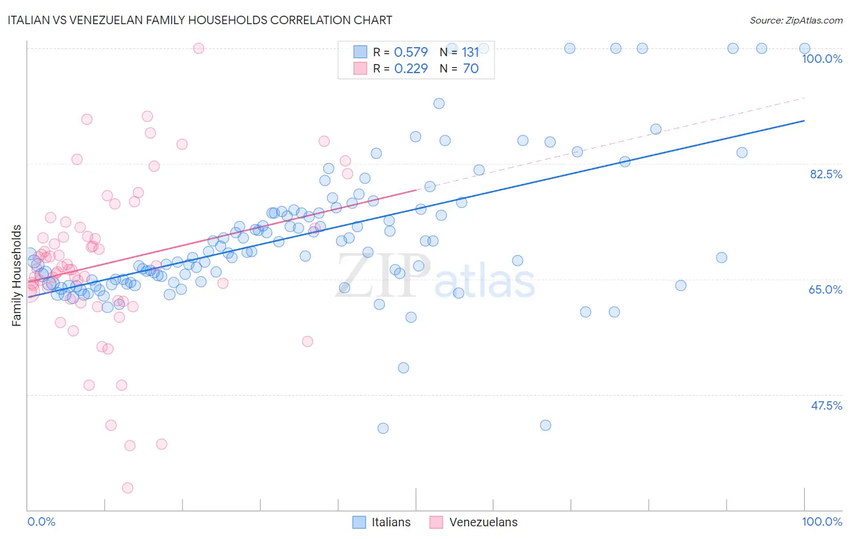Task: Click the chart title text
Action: (200, 20)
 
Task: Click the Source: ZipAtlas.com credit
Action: (796, 20)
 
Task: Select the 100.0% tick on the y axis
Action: (822, 59)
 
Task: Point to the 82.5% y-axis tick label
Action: (826, 174)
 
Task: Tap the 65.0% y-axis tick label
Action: (825, 289)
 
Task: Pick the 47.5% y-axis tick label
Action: (826, 405)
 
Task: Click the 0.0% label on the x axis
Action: (41, 521)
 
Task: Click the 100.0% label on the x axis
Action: (822, 521)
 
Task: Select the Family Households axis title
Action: (17, 276)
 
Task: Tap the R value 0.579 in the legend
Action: (410, 53)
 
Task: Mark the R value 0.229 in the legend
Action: (410, 69)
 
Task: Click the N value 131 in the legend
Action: (470, 53)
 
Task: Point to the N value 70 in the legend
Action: (470, 69)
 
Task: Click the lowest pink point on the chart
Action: (128, 488)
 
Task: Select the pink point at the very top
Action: (198, 48)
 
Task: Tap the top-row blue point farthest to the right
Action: (805, 48)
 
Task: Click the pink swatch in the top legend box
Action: (360, 69)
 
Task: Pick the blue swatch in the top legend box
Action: (360, 53)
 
